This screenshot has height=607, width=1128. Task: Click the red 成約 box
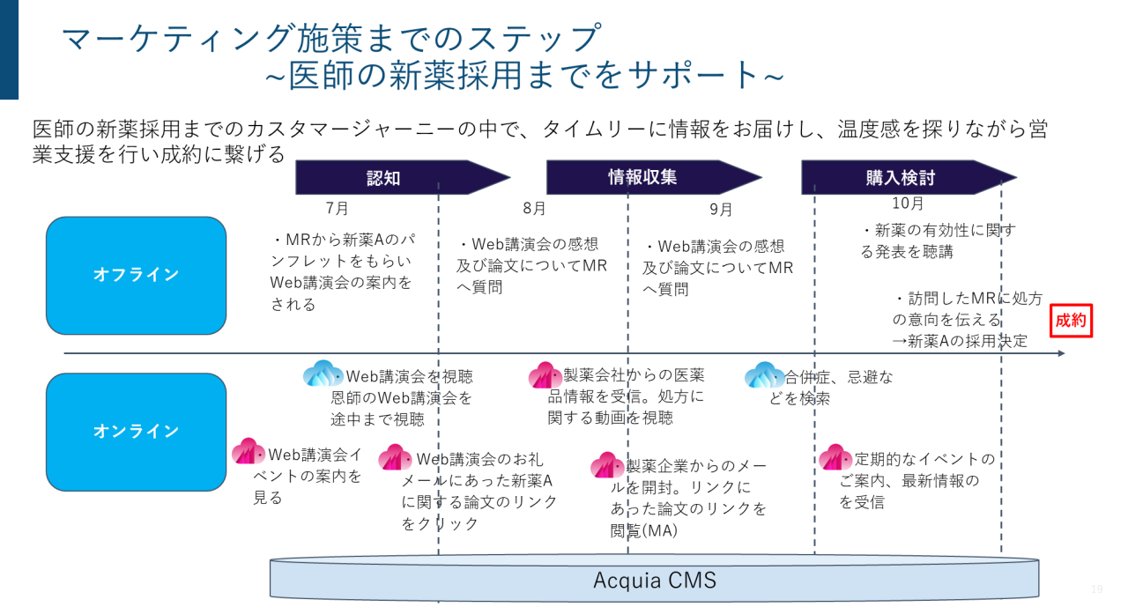(1071, 321)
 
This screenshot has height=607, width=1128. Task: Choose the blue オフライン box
(136, 275)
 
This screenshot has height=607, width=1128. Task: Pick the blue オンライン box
(136, 432)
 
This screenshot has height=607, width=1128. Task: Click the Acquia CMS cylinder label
(654, 581)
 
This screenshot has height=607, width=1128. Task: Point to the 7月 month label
(337, 209)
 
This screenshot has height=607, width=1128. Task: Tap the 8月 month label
(534, 209)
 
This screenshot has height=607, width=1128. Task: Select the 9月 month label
(721, 209)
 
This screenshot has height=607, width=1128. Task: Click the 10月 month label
(908, 204)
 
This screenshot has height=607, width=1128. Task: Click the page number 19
(1097, 589)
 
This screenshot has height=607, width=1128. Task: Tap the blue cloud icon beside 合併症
(763, 376)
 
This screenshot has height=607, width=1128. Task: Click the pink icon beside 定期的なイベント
(835, 458)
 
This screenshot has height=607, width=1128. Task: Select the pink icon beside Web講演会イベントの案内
(248, 453)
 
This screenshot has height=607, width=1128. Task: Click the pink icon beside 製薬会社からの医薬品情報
(545, 375)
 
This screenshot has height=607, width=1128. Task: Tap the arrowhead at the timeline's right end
(1060, 354)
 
